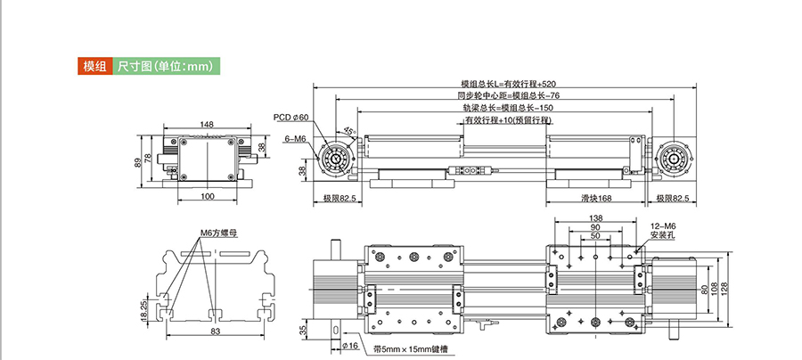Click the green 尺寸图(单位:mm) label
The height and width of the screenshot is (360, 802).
[x=167, y=67]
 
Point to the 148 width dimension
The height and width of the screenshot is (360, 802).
[x=207, y=125]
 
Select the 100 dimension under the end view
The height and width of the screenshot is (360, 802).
[x=207, y=195]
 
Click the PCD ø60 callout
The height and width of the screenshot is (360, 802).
[x=291, y=118]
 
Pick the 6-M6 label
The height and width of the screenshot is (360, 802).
[x=295, y=139]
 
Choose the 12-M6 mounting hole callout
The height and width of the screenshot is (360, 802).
[x=664, y=232]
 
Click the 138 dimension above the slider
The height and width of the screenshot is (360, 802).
[x=596, y=218]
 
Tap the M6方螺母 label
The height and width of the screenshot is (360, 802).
[x=217, y=233]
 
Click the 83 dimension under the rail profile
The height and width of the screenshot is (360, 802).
[x=217, y=331]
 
